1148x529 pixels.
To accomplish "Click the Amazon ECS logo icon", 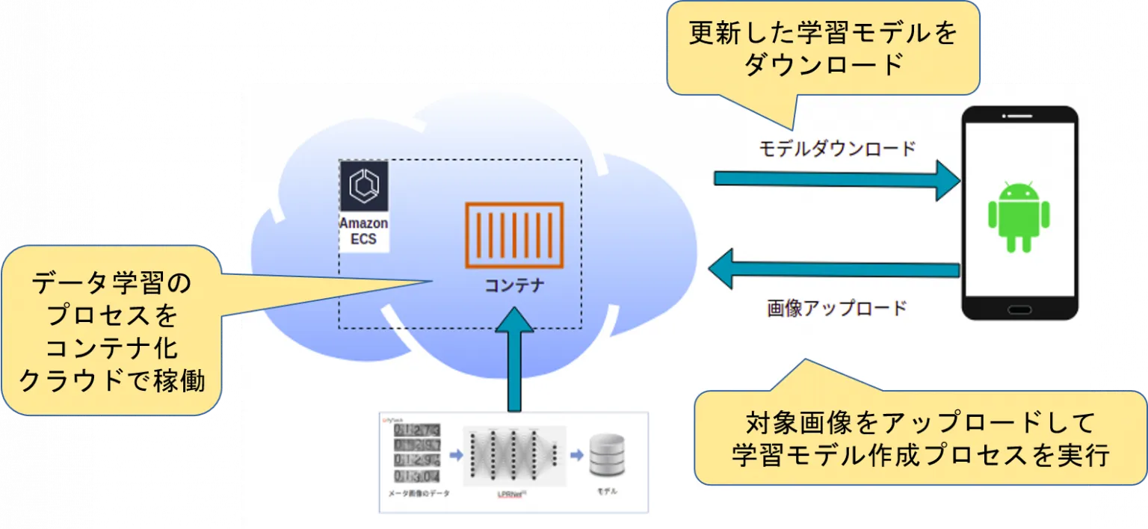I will tap(364, 186).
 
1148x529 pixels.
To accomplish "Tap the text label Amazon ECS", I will tap(364, 232).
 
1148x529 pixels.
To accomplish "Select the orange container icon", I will tap(514, 235).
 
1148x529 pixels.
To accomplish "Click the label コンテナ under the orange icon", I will tap(514, 285).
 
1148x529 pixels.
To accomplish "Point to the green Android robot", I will tap(1019, 216).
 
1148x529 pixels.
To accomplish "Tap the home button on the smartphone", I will tap(1019, 309).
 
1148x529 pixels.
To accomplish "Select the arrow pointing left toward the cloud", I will tap(833, 269).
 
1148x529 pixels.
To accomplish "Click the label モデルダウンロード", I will tap(837, 149).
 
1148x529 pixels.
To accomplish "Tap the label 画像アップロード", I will tap(836, 308).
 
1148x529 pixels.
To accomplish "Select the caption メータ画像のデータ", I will tap(419, 493).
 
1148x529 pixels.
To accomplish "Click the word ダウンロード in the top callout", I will tap(823, 65).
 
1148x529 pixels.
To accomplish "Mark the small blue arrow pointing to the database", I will tap(578, 454).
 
